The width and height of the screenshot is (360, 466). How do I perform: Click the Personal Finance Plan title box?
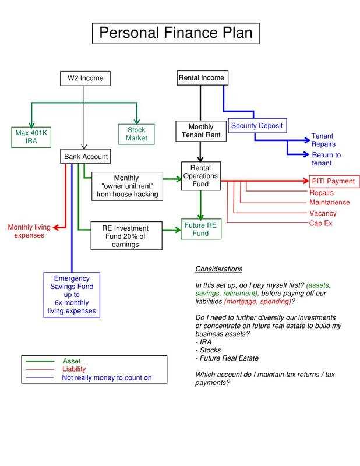coord(175,33)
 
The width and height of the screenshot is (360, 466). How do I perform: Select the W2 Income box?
coord(85,78)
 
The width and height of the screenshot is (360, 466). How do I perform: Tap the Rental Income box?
coord(201,78)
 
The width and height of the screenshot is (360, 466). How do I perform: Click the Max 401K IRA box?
coord(30,135)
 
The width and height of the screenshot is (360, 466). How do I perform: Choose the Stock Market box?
coord(136,134)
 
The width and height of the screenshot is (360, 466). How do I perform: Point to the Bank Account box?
coord(85,157)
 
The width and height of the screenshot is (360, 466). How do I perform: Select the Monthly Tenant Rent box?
coord(200,131)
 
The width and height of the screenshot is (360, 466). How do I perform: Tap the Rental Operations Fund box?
coord(200,175)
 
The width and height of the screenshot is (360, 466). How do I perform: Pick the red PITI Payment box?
coord(332,181)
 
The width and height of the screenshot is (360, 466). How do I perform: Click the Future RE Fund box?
coord(201,229)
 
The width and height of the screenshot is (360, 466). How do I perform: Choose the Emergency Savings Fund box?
coord(71,295)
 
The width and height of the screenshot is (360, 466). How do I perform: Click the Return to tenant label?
coord(326,158)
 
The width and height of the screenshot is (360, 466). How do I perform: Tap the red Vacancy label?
coord(323,213)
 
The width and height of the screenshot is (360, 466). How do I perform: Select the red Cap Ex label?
coord(321,224)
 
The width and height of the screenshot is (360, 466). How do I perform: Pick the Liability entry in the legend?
coord(74,369)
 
